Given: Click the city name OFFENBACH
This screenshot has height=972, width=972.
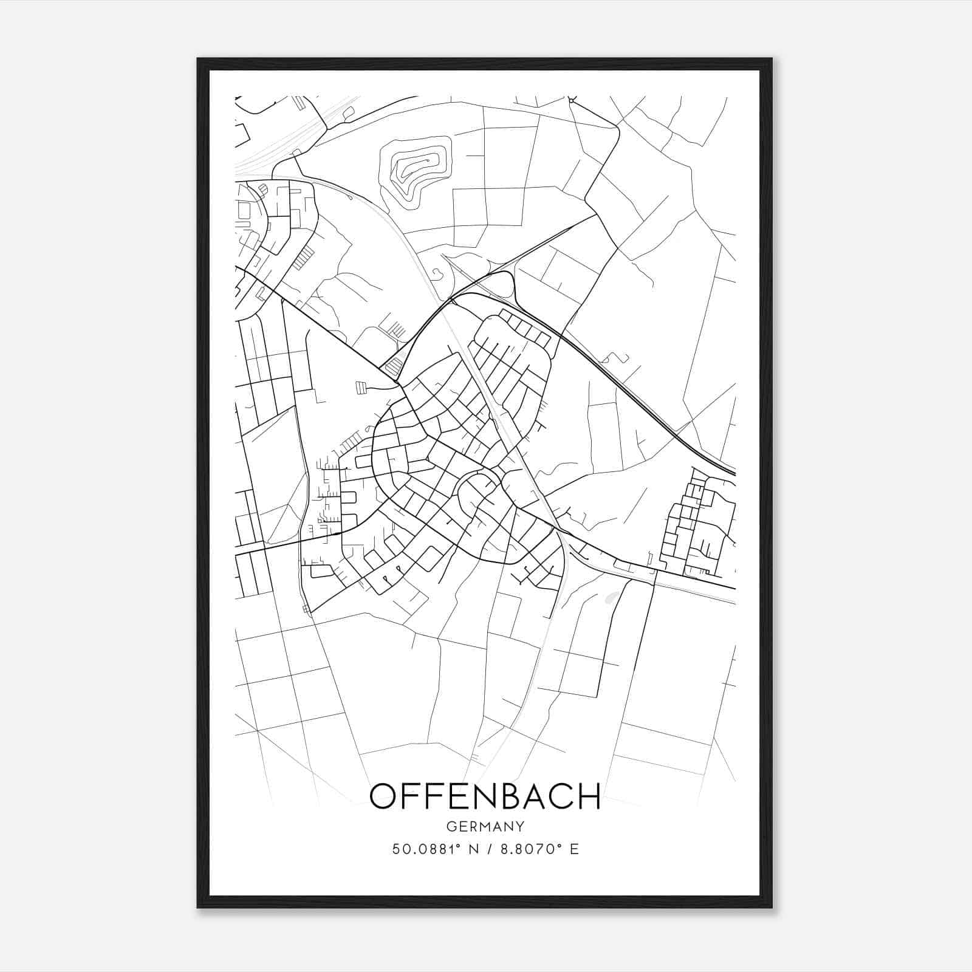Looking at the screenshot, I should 485,796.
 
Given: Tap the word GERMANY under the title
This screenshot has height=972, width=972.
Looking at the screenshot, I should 485,826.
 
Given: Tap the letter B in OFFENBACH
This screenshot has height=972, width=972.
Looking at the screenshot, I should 502,796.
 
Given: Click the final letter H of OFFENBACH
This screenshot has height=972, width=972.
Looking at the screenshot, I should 589,796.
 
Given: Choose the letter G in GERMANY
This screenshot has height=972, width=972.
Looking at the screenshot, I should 451,826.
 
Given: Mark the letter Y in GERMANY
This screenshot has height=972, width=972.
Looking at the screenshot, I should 520,826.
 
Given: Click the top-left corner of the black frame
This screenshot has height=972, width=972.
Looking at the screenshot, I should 198,59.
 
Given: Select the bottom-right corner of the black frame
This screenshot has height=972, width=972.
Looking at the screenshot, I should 772,907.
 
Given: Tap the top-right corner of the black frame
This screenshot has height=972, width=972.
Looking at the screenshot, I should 772,59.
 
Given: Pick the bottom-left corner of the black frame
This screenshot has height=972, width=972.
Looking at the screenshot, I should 198,907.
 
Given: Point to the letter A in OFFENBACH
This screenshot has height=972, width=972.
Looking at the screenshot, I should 530,796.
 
